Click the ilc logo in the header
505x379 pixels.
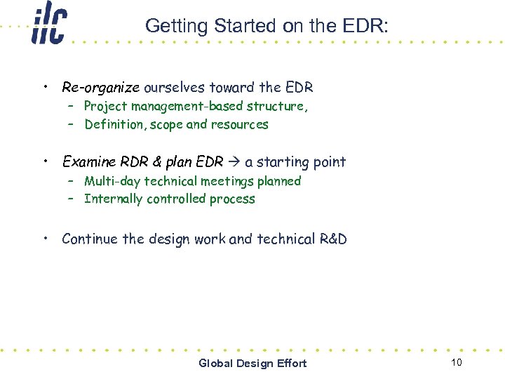48,25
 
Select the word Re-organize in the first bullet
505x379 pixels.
101,88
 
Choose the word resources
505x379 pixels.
240,125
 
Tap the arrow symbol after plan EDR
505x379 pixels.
234,162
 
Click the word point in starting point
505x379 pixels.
328,162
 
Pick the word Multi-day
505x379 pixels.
112,181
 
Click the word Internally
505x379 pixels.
114,199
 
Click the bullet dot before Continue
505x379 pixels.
45,238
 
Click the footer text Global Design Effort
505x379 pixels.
252,363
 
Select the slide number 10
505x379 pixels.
457,362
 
